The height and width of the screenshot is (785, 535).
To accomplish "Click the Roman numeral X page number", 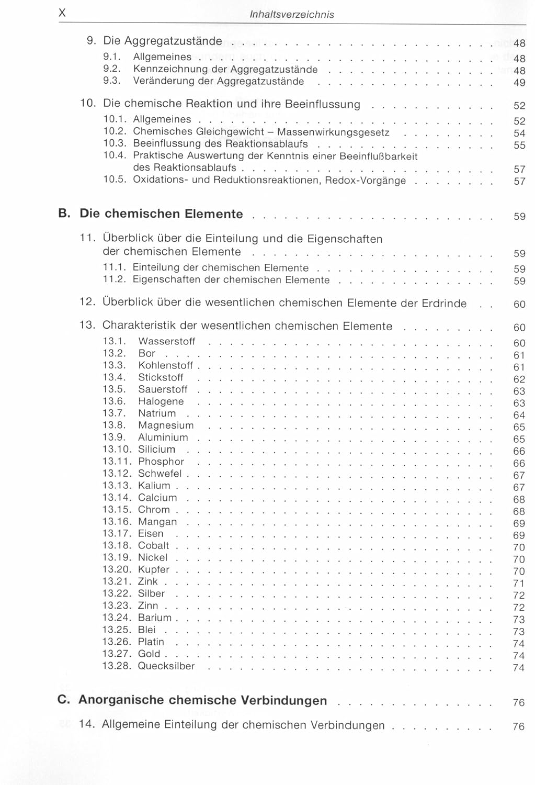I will [62, 14].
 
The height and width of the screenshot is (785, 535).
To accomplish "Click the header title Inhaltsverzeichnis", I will [292, 15].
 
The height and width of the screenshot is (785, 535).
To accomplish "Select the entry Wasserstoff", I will [166, 341].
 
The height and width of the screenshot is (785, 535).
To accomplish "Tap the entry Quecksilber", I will [166, 666].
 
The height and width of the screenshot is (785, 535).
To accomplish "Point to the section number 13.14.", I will [117, 497].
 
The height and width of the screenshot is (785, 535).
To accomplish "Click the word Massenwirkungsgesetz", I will [333, 132].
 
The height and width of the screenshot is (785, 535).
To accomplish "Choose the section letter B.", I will [64, 214].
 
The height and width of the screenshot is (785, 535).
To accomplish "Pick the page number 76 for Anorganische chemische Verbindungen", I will [518, 702].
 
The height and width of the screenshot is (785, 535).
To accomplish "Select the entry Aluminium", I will [163, 437].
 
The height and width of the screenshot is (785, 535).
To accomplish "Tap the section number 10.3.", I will [115, 143].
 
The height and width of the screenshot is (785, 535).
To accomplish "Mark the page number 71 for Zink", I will [518, 583].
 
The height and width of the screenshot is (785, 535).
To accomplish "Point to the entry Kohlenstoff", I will [165, 365].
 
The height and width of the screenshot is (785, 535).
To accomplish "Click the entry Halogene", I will [161, 401].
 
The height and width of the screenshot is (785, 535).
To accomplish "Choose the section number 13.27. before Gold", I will [117, 654].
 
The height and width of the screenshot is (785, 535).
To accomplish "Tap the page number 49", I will [519, 83].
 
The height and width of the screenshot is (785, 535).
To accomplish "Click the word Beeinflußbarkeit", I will [378, 156].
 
